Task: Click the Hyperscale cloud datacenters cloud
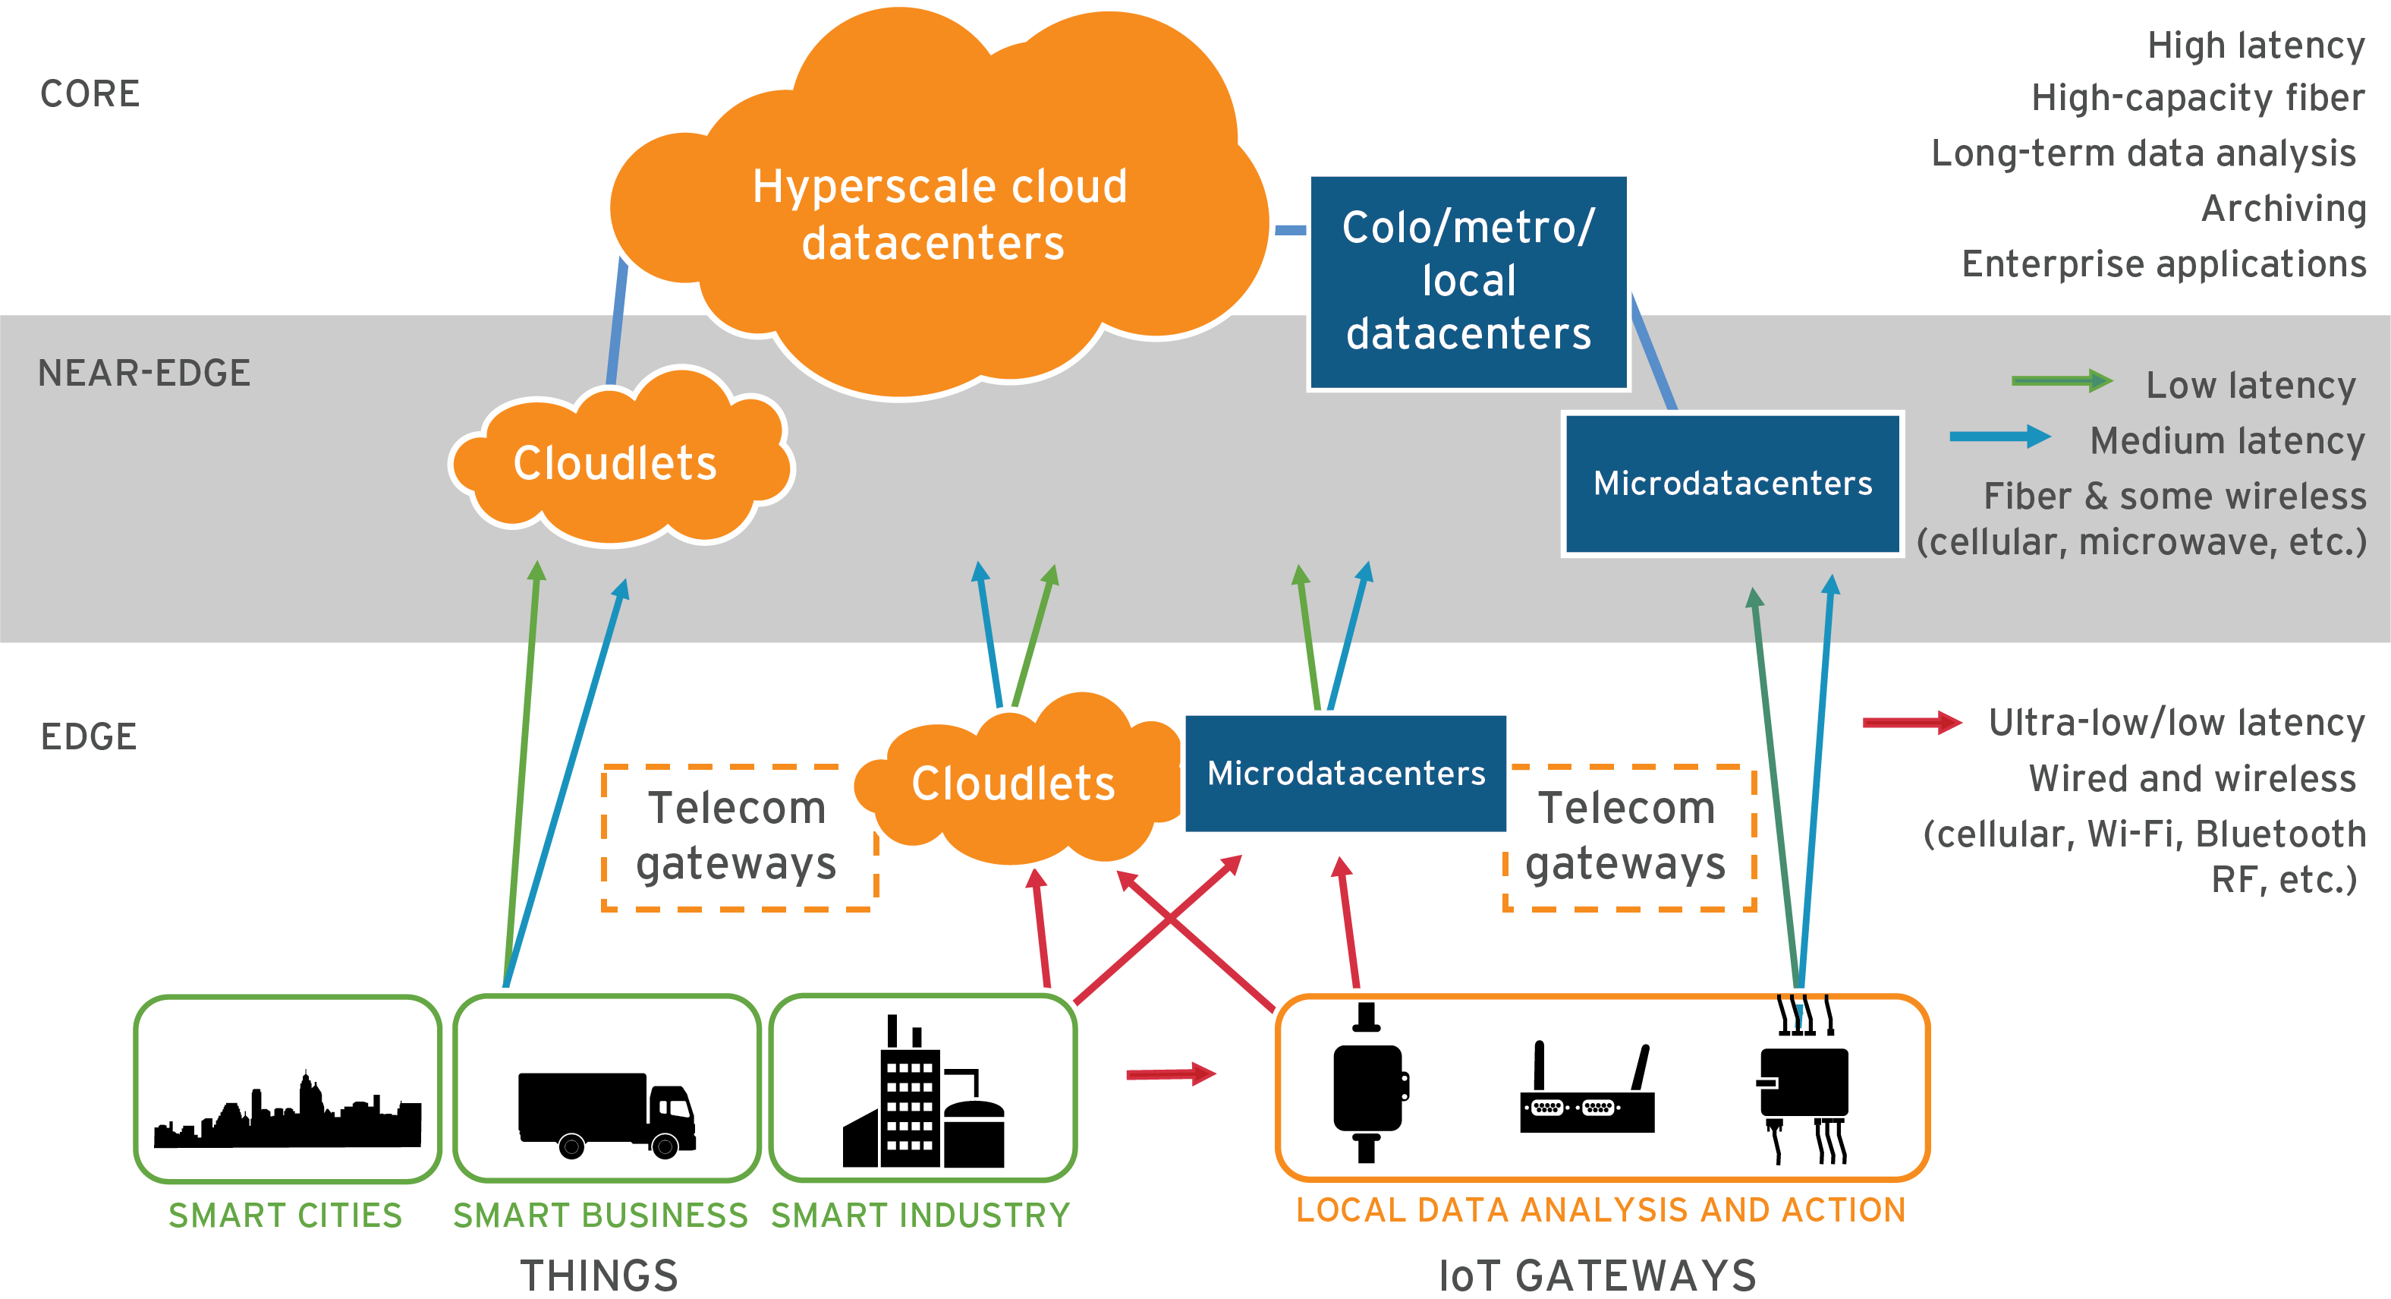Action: pos(937,213)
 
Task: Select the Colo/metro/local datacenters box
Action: pos(1468,282)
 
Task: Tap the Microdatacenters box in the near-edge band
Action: pos(1732,483)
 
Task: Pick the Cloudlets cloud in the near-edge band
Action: pos(616,462)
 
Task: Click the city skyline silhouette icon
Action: pos(287,1115)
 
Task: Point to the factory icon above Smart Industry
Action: pos(923,1096)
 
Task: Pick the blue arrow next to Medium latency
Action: pos(1999,437)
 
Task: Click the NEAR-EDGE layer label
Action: pos(144,374)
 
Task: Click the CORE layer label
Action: pos(90,94)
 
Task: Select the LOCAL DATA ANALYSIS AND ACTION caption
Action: pos(1600,1210)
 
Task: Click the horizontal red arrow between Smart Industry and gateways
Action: pos(1169,1074)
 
